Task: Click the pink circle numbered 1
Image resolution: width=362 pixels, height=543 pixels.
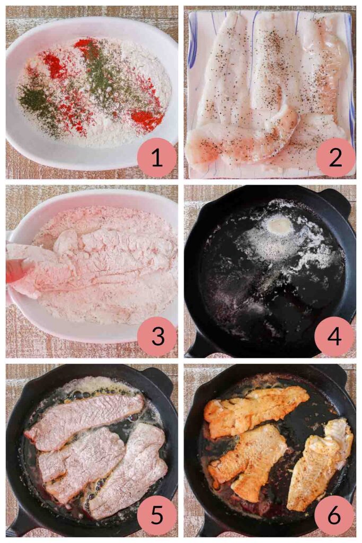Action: coord(157,157)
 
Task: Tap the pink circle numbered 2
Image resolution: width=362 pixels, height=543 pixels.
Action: coord(335,157)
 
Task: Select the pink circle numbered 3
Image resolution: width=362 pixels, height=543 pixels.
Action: coord(157,336)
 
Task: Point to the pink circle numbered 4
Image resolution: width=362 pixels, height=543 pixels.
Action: coord(335,336)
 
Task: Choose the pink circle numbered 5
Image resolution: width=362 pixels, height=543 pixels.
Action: coord(157,515)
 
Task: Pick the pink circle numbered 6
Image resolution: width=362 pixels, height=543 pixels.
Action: coord(335,515)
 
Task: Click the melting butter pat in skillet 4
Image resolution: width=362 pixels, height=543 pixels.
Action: coord(279,226)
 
